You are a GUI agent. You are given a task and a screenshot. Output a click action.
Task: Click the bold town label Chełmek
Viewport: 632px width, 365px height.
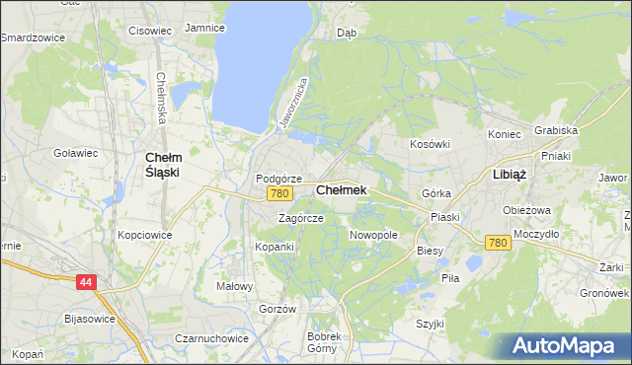point(341,189)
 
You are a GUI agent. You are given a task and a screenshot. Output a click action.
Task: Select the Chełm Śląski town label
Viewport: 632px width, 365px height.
point(162,164)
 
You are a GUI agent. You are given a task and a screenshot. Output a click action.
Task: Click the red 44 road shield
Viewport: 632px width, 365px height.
point(87,282)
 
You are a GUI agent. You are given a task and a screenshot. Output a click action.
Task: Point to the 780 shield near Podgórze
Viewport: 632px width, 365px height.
point(279,193)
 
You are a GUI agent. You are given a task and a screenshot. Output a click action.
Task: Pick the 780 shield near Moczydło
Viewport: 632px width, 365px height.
point(498,243)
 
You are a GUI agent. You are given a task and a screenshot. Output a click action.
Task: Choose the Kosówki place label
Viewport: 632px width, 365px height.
point(430,144)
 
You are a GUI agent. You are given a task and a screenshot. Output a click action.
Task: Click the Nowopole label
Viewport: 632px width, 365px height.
point(373,236)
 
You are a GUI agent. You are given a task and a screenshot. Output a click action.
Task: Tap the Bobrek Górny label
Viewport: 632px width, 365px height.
point(324,342)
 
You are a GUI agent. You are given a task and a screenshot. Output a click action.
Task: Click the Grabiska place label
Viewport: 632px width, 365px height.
point(555,130)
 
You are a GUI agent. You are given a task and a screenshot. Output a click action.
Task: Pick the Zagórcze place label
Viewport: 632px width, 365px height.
point(300,218)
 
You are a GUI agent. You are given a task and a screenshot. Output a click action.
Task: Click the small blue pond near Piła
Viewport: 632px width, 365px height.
point(471,263)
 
